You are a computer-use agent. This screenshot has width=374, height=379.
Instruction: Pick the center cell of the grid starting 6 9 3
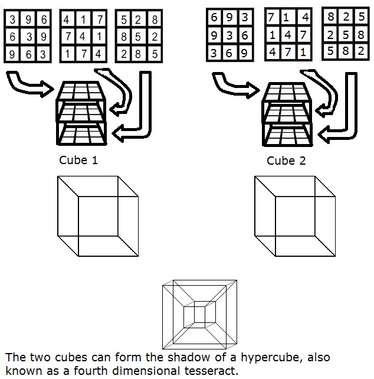229,35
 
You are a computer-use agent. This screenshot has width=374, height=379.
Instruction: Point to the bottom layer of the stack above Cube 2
286,136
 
